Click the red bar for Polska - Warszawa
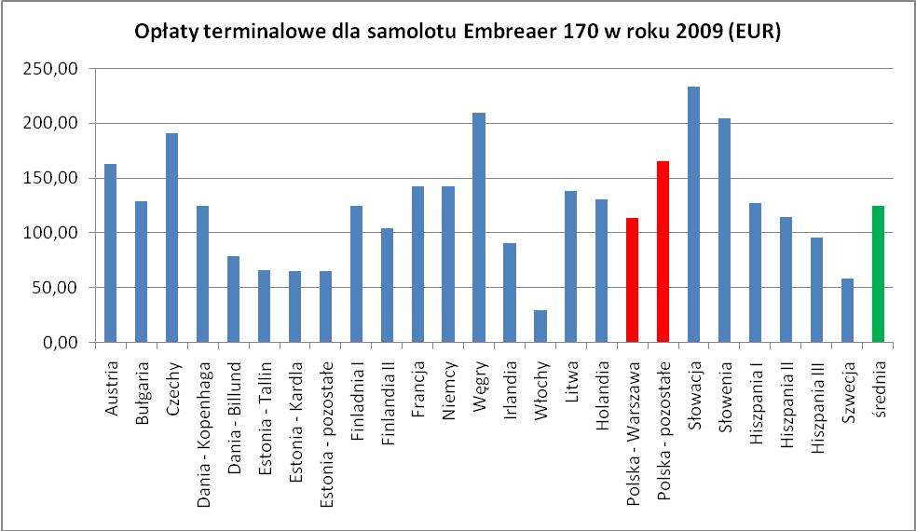coord(633,280)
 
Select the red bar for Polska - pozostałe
coord(663,252)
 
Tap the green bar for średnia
coord(878,274)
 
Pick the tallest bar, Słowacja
coord(693,214)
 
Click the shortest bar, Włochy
coord(540,326)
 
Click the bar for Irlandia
coord(510,293)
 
